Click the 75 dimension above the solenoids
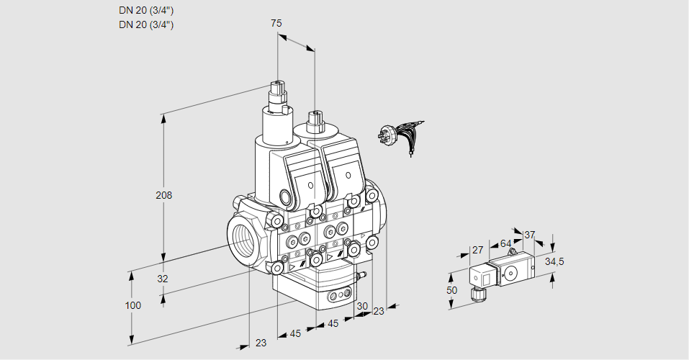coord(276,23)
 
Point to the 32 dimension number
coord(163,279)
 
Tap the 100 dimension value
coord(133,305)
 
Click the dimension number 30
coord(361,306)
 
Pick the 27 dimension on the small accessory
coord(476,251)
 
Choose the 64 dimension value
coord(505,243)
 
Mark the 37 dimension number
coord(529,235)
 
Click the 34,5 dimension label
coord(554,261)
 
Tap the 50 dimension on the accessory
coord(451,290)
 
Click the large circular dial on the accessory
coord(511,272)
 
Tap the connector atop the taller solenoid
coord(276,93)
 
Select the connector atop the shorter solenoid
coord(315,119)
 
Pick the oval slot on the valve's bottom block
coord(337,295)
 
